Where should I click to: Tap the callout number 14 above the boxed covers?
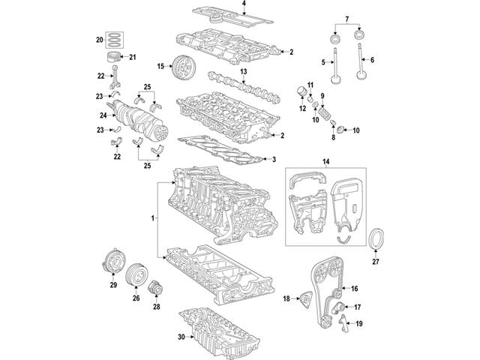coord(325,161)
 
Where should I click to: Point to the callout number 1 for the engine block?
coord(152,218)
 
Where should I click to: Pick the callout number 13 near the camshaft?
coord(244,70)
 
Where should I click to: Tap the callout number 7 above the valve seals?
coord(346,17)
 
